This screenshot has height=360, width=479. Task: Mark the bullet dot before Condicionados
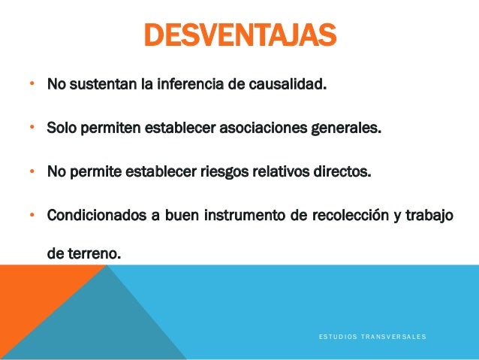[x=32, y=216]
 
